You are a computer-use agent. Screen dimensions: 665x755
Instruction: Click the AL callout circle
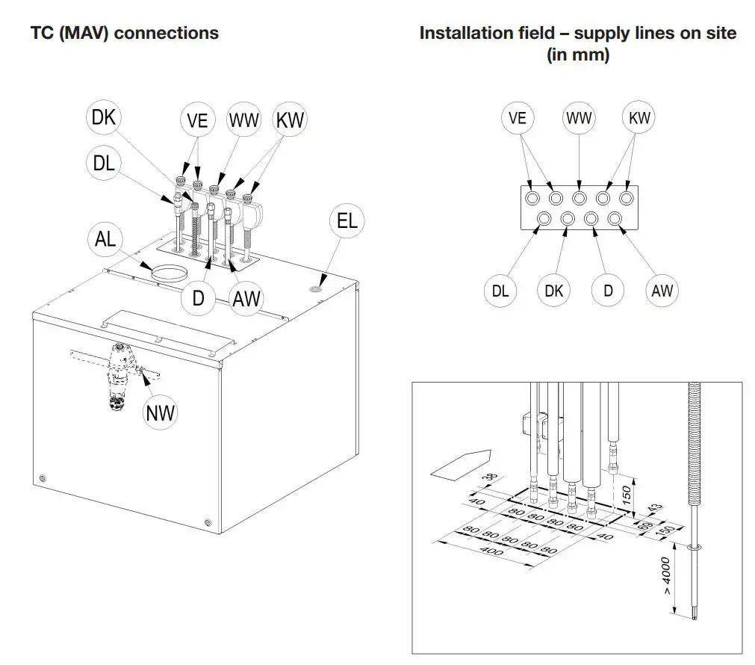[x=105, y=241]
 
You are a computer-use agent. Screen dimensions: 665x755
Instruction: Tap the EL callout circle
[x=347, y=220]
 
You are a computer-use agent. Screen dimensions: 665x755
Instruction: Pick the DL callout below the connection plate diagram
[x=500, y=290]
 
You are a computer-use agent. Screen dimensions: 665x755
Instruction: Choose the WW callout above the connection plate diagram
[x=580, y=118]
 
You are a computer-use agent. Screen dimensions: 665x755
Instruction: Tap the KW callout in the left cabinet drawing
[x=290, y=120]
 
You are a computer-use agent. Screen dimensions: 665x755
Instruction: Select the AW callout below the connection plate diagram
[x=662, y=290]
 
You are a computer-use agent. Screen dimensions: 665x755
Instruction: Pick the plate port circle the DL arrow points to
[x=544, y=219]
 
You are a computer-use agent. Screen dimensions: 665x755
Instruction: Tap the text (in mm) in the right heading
[x=577, y=55]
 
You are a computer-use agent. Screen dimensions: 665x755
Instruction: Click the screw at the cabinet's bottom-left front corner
[x=42, y=477]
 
